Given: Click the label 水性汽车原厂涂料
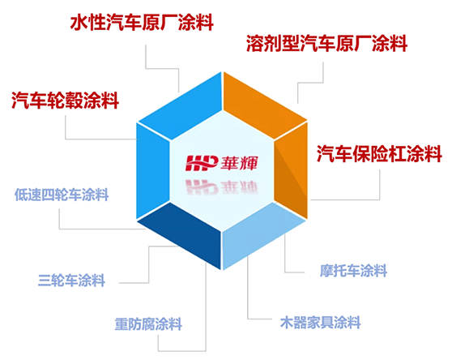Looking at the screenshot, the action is [142, 22].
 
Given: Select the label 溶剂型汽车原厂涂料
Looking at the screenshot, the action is [327, 43].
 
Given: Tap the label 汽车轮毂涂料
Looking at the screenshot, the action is [65, 101].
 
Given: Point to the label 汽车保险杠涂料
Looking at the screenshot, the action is [379, 153].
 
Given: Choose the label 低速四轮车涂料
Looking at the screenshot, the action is [62, 195].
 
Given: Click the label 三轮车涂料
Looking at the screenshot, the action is [71, 280].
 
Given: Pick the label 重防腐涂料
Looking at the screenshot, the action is [148, 324].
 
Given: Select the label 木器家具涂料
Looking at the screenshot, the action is [320, 322].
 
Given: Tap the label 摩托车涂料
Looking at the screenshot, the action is [353, 271].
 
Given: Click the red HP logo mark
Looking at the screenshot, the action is [201, 163].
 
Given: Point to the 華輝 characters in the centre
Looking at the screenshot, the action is [239, 163].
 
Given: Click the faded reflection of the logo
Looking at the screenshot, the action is [221, 186].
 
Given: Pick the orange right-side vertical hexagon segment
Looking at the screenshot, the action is [291, 170].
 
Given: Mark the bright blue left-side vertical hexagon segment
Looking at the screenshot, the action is [153, 170].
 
